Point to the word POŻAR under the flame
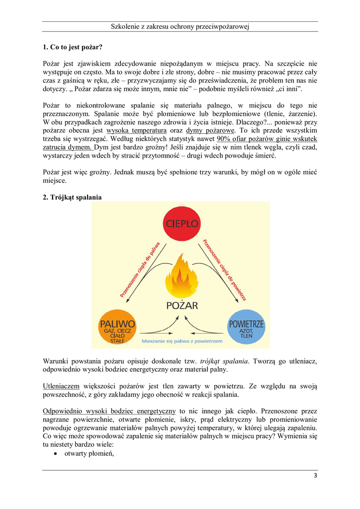pos(181,305)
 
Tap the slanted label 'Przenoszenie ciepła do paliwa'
pos(140,269)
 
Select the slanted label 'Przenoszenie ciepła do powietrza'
pos(224,269)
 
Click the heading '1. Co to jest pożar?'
pos(73,47)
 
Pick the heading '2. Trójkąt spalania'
pos(73,197)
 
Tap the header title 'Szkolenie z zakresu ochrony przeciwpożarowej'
pos(180,26)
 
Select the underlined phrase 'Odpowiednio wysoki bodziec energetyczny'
pos(109,411)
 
